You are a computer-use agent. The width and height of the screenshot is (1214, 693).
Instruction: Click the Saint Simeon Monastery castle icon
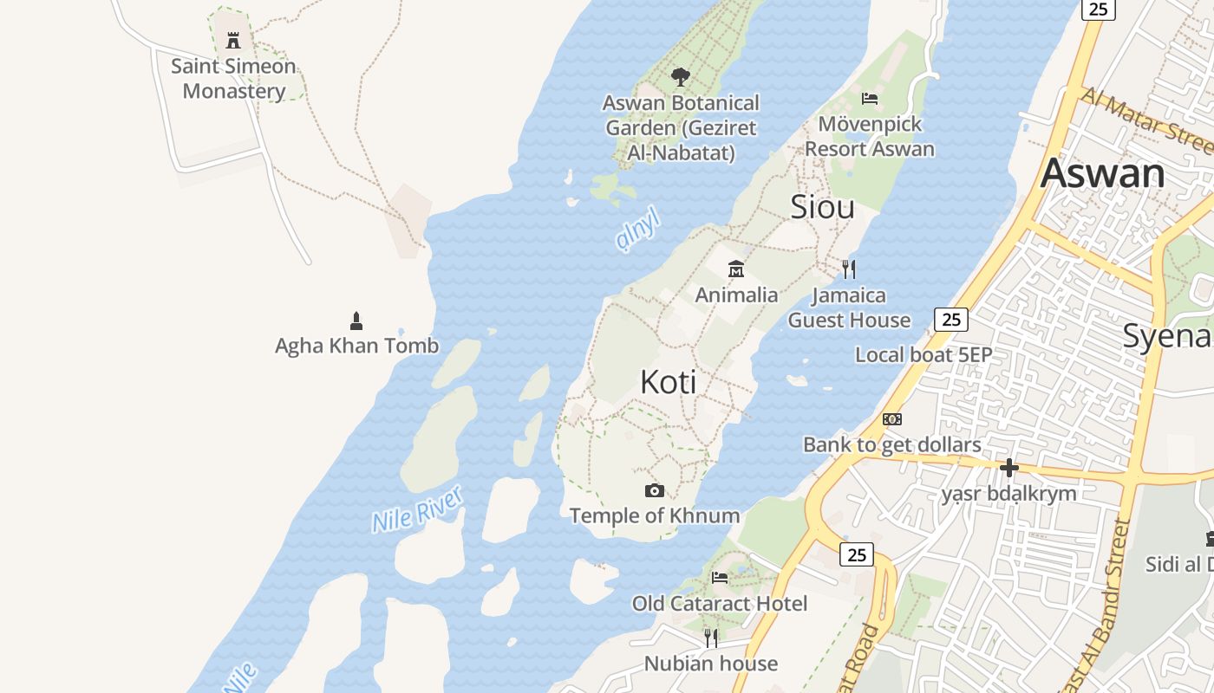(232, 40)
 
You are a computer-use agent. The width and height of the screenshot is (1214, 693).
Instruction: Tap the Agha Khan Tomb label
(356, 346)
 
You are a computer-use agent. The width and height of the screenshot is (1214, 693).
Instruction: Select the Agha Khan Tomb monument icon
(356, 321)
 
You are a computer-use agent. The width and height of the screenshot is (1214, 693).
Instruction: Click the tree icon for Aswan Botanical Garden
(681, 77)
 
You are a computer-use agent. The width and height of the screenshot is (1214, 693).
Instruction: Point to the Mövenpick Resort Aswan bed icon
(870, 98)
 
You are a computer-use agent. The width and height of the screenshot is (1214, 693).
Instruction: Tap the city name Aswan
(1102, 172)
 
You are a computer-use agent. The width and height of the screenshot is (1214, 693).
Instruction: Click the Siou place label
(822, 207)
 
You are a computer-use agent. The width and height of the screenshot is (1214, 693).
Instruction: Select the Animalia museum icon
(736, 269)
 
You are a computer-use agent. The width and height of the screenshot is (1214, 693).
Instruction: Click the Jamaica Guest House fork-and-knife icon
(849, 269)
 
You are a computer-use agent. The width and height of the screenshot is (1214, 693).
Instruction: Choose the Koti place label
(668, 382)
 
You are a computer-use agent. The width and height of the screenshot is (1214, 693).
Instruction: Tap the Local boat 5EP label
(924, 354)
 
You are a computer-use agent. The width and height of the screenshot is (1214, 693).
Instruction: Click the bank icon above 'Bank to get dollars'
(891, 419)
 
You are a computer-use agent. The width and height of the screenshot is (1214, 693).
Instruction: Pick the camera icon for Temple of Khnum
(655, 491)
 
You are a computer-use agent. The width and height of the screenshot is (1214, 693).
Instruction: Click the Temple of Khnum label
(655, 515)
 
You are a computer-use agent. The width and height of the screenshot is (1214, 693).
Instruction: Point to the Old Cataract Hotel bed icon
(719, 578)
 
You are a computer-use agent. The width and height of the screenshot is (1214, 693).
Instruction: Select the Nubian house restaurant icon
(711, 638)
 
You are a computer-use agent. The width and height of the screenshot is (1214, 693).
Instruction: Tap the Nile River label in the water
(417, 509)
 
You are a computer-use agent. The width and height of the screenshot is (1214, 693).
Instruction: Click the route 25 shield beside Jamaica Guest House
(951, 320)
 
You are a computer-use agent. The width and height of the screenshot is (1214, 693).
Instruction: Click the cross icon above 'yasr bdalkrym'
(1008, 469)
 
